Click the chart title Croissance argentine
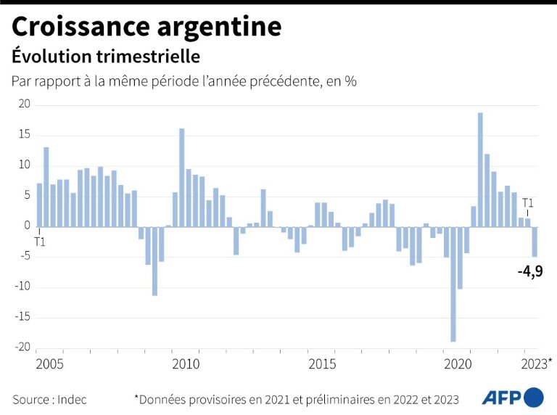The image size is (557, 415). pos(146,27)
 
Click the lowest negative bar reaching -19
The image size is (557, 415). pos(453,284)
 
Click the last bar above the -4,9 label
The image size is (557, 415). pos(535,242)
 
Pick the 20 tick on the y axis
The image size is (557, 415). pos(24,104)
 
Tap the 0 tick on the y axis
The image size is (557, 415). pos(27,226)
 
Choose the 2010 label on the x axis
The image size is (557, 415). pos(186,363)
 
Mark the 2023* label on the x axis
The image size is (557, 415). pos(537,363)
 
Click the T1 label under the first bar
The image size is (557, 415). pos(38,241)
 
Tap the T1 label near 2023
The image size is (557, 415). pos(528,203)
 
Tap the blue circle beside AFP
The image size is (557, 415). pos(533,398)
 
